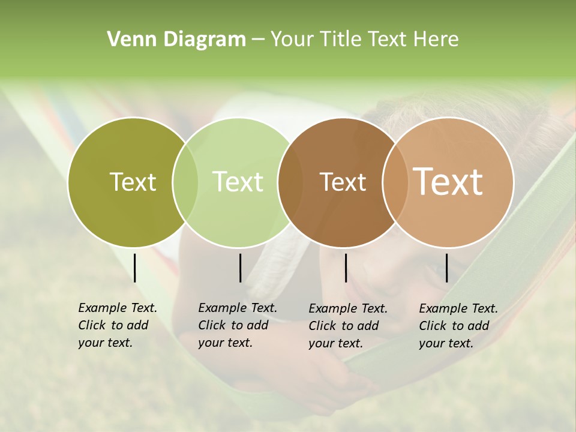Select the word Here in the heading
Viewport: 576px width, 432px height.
tap(436, 39)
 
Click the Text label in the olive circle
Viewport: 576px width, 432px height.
tap(133, 182)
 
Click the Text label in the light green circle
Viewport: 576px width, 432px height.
tap(238, 182)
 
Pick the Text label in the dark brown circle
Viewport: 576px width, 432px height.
tap(343, 182)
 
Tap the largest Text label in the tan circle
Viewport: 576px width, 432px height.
tap(448, 182)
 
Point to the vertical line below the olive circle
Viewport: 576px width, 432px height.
tap(134, 268)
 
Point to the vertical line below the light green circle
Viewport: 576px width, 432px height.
tap(240, 268)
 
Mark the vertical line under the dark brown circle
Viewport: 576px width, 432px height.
tap(346, 268)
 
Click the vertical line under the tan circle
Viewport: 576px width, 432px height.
tap(446, 268)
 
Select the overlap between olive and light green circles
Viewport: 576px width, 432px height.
tap(185, 182)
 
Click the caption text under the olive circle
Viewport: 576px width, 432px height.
tap(117, 325)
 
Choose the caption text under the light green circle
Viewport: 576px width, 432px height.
tap(237, 325)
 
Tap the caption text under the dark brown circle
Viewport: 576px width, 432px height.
tap(347, 326)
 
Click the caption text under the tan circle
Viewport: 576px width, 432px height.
tap(458, 326)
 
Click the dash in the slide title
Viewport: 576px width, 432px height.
tap(257, 40)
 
